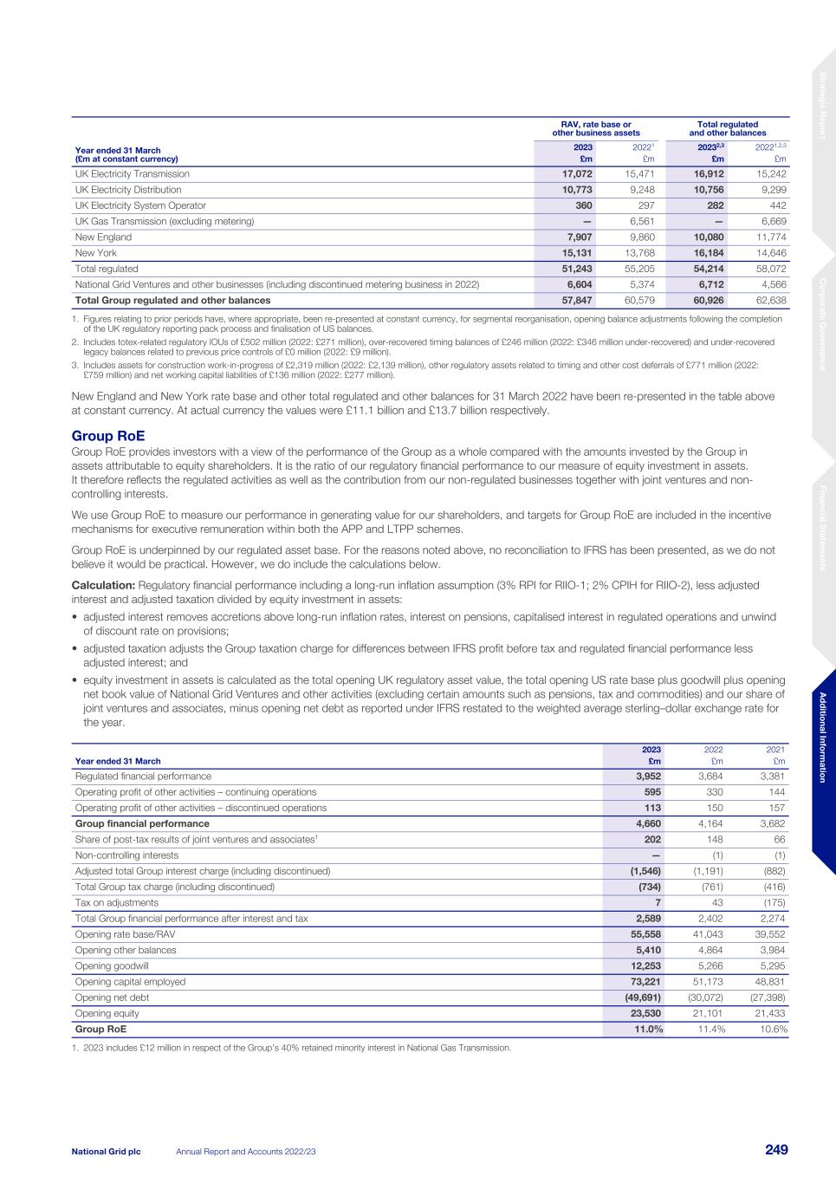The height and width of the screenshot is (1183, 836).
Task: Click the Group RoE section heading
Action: [107, 436]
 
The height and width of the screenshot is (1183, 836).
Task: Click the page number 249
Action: [775, 1150]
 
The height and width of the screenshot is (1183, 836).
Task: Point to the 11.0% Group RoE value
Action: [646, 1030]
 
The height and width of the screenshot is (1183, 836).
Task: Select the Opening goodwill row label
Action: [113, 966]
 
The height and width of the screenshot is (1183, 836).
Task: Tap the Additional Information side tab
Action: [823, 738]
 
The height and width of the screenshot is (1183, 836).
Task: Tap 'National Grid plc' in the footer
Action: [106, 1151]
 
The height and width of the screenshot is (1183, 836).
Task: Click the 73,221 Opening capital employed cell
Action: [645, 982]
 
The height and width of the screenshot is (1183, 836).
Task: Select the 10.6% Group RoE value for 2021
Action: [773, 1030]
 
